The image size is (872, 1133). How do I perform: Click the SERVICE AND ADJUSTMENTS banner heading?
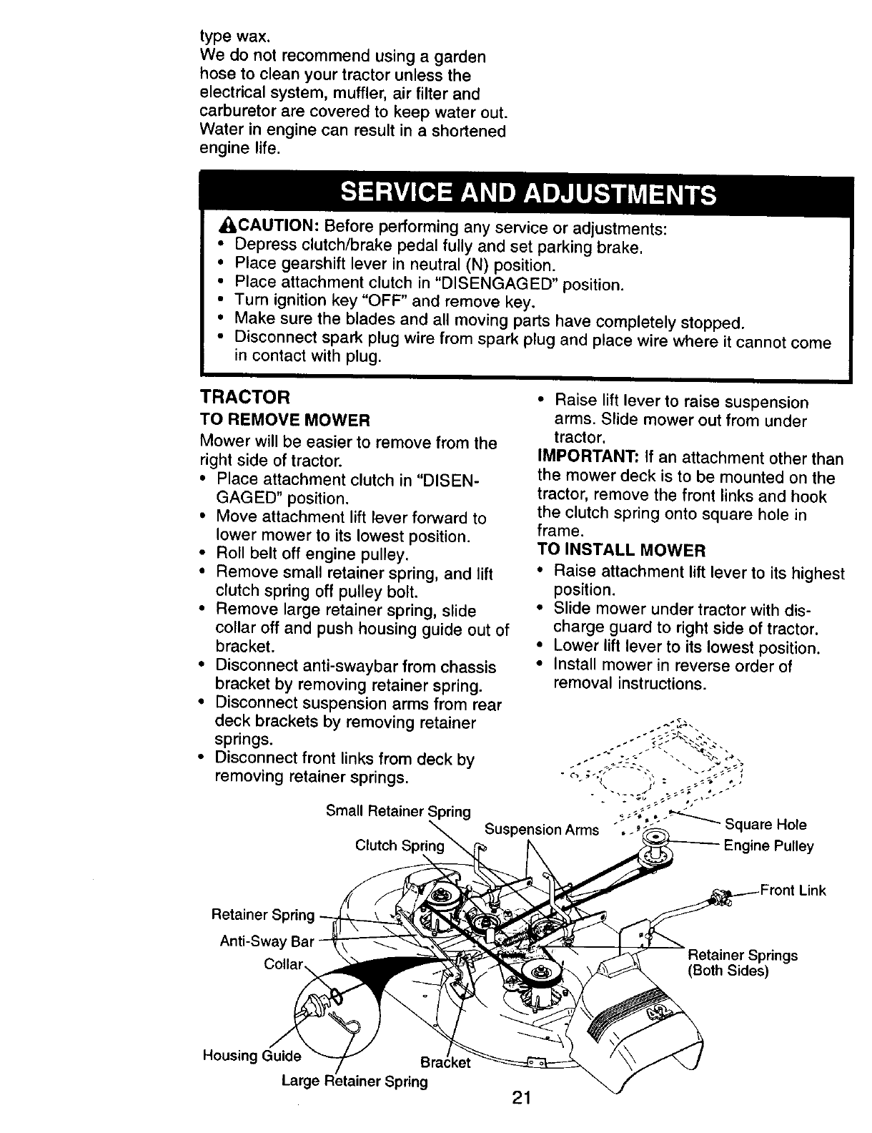click(528, 194)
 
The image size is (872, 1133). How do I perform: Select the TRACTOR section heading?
click(245, 397)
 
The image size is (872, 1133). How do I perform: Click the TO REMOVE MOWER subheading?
click(284, 419)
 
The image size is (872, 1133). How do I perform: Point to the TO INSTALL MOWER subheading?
click(620, 551)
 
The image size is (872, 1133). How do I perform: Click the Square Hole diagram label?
click(766, 825)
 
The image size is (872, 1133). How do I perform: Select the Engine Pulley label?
click(768, 847)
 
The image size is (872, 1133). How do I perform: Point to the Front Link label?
click(793, 891)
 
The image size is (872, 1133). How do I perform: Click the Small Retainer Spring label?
click(398, 811)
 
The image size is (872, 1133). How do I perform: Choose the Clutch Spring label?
click(400, 846)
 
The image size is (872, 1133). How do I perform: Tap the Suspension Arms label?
click(541, 830)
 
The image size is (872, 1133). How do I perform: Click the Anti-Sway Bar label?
click(267, 941)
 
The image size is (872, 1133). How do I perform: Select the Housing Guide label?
click(252, 1056)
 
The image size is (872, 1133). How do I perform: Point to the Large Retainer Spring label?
click(355, 1081)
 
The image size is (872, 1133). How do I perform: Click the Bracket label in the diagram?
click(445, 1062)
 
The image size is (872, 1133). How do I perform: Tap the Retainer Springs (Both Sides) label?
click(742, 963)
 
